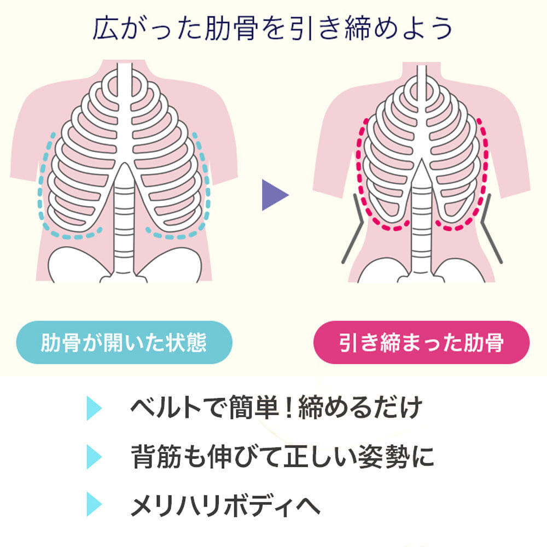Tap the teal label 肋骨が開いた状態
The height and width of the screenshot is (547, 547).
124,342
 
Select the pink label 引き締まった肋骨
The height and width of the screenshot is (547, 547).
421,342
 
